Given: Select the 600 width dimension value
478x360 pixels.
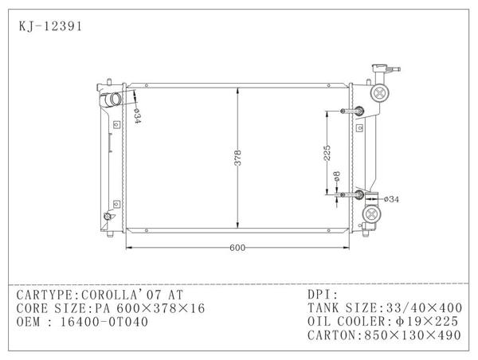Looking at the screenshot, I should [x=237, y=247].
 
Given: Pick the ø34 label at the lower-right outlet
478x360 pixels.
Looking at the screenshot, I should [x=391, y=198].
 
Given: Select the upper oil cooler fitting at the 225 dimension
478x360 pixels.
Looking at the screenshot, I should [x=356, y=111].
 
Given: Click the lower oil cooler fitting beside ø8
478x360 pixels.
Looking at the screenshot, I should [x=358, y=194].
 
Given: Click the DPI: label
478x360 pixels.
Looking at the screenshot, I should [x=323, y=294].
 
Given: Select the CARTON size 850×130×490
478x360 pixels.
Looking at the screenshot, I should [x=416, y=335].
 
